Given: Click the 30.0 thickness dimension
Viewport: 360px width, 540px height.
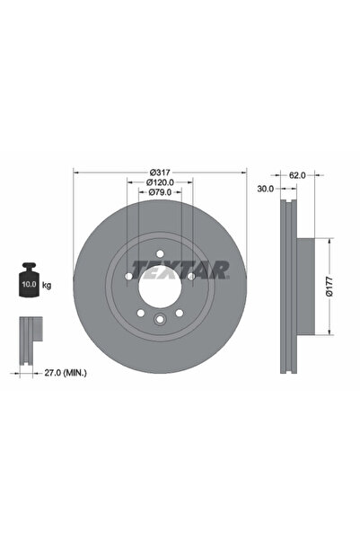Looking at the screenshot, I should click(267, 190).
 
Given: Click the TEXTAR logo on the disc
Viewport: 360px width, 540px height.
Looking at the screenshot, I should click(180, 268).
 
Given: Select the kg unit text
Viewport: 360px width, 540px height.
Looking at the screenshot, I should click(47, 285).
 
